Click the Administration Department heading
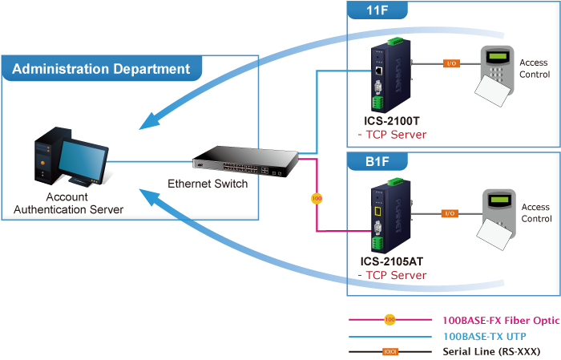coord(101,69)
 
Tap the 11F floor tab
coord(377,11)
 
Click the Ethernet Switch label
coord(208,184)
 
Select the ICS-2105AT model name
coord(392,261)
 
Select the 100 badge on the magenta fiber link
coord(316,197)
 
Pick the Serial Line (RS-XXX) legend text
coord(490,351)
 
